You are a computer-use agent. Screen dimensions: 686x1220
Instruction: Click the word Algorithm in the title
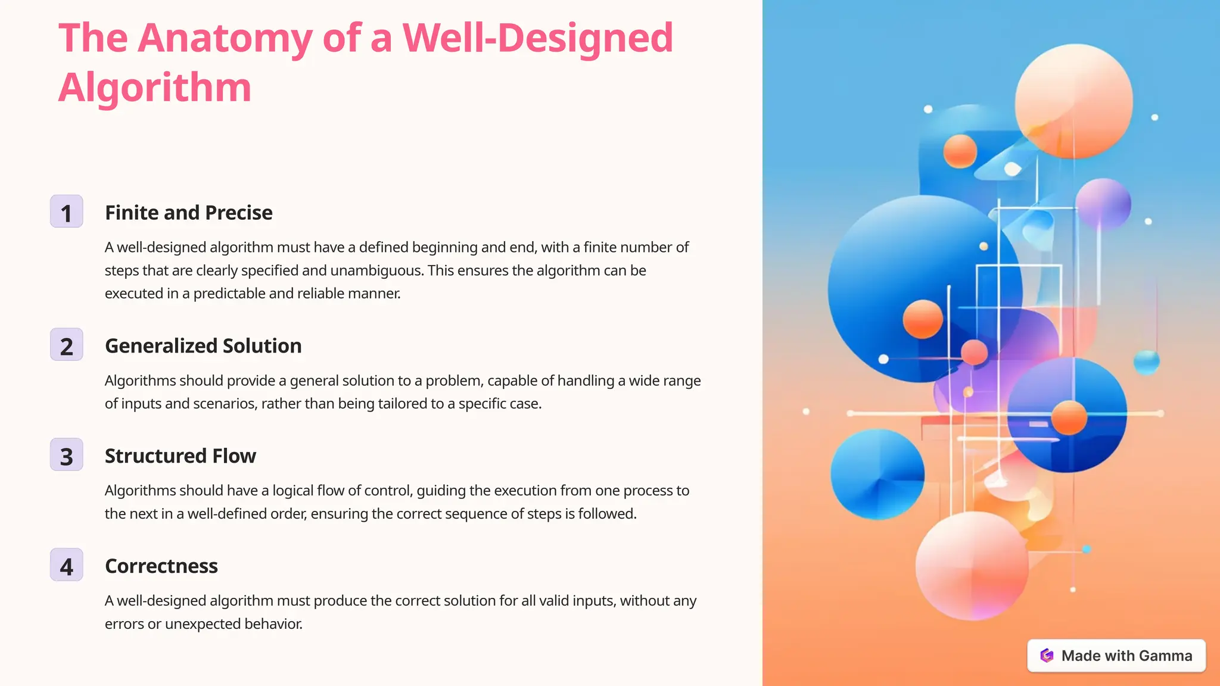155,88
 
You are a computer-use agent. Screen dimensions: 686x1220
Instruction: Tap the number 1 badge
66,212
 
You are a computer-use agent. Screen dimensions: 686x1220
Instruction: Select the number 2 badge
66,345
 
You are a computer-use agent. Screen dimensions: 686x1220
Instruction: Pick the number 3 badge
66,456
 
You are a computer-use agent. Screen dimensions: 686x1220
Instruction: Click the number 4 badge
66,566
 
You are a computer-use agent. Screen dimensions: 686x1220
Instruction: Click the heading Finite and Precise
188,213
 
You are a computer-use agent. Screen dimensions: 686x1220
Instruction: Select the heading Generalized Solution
203,346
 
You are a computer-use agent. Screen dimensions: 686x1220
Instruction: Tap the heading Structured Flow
180,456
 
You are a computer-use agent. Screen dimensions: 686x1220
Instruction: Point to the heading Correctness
161,566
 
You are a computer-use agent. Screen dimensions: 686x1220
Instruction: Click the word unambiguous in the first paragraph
376,271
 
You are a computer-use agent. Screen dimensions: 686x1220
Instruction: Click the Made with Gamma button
1116,656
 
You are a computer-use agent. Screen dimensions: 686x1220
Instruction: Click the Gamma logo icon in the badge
1047,656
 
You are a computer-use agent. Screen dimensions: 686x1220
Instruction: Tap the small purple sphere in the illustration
1103,203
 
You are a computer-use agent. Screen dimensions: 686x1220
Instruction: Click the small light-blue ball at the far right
1146,361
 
